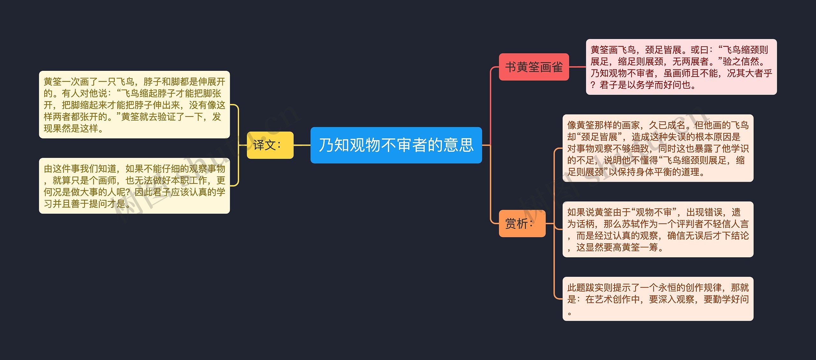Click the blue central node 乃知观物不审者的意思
[396, 145]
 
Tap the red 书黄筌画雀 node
[534, 67]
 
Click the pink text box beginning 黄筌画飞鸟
[681, 67]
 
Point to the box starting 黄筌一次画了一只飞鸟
[134, 105]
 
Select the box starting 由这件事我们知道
[134, 186]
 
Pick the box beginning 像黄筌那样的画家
[658, 148]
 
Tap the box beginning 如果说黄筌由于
[658, 229]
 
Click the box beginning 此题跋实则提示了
[658, 299]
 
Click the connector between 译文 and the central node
[302, 145]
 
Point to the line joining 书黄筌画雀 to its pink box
[577, 67]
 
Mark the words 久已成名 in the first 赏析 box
[667, 125]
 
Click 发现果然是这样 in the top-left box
[73, 128]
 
